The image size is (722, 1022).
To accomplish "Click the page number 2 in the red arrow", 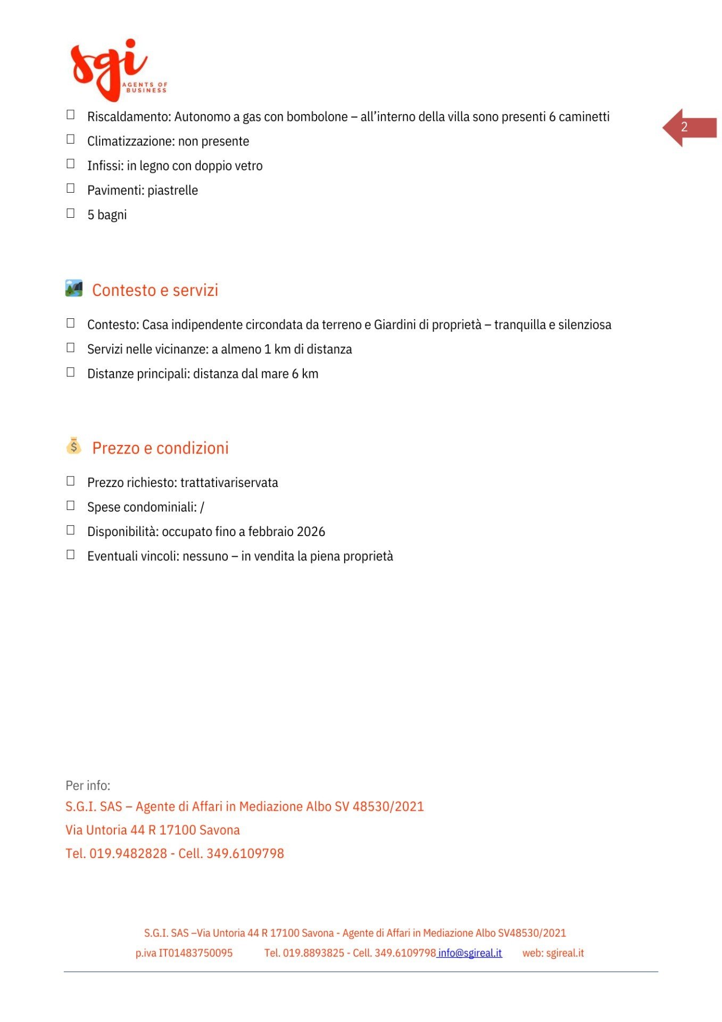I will pos(684,127).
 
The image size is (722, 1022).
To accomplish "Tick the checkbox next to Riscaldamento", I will pos(70,115).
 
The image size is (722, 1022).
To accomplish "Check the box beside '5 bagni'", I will pos(70,213).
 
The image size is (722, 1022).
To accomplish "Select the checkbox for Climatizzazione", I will pos(70,139).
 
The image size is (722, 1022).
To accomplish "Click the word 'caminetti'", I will pos(584,117).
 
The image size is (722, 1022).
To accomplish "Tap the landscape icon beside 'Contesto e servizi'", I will pos(74,289).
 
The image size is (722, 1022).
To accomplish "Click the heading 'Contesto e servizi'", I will pos(155,290).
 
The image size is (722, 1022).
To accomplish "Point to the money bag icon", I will pos(74,446).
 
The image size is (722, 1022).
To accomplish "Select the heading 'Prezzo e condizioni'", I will pos(160,448).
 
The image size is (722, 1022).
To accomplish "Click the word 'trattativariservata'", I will pos(229,483).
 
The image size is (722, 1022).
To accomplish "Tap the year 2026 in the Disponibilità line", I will pos(311,532).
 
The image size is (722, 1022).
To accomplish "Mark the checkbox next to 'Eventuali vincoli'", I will pos(70,555).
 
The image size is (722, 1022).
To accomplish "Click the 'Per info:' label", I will pos(88,786).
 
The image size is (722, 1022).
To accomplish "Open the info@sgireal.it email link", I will pos(470,953).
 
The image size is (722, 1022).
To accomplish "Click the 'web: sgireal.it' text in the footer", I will pos(553,953).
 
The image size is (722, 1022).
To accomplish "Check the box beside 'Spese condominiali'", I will pos(70,506).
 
